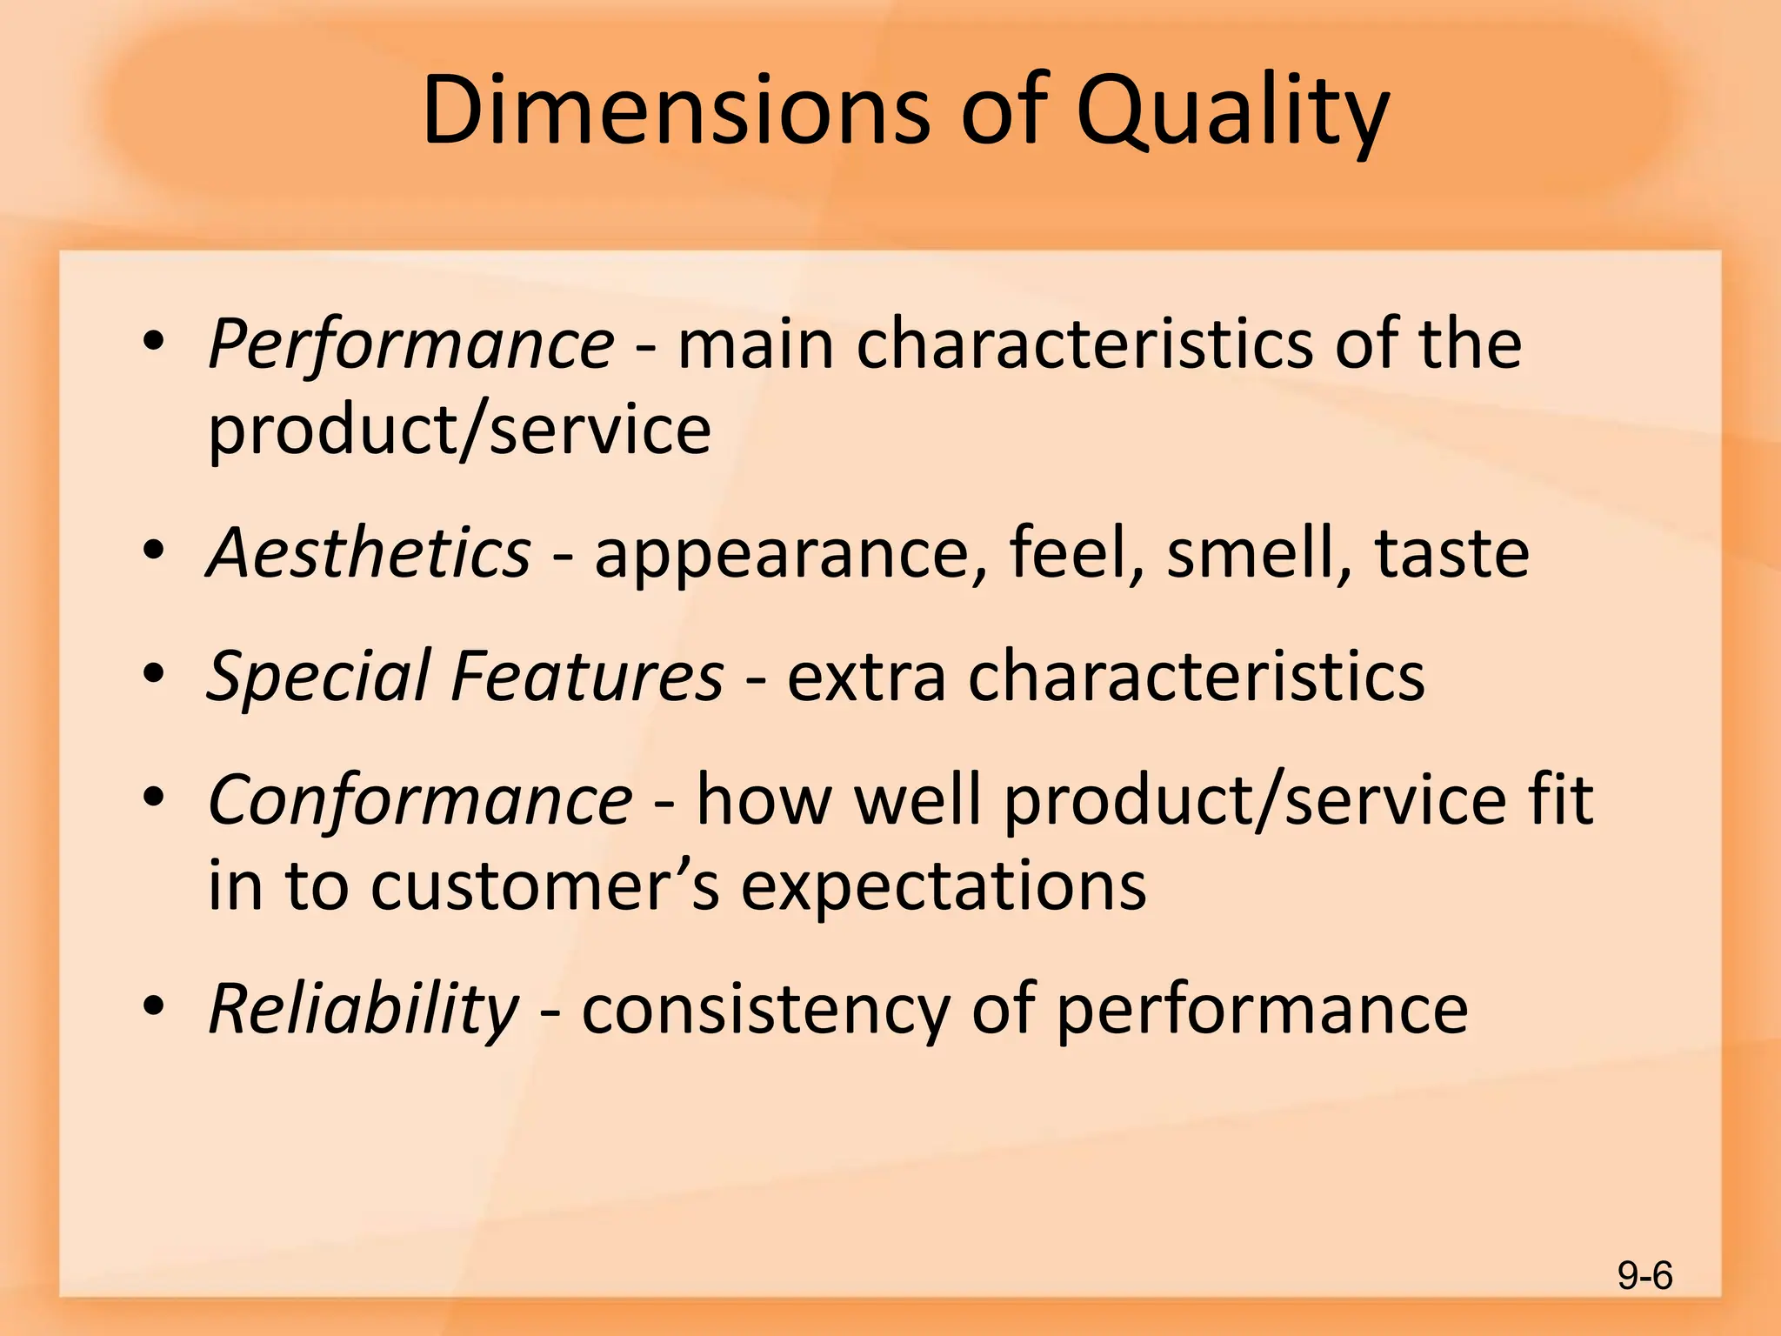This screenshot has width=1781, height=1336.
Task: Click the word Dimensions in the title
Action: click(x=676, y=110)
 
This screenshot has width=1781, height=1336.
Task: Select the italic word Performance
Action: click(x=411, y=344)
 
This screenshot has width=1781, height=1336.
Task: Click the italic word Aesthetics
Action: click(x=369, y=552)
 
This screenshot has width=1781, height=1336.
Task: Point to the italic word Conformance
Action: click(x=420, y=800)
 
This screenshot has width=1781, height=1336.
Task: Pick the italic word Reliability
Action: click(x=364, y=1010)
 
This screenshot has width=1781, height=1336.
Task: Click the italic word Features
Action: click(x=587, y=676)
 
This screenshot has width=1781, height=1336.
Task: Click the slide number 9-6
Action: click(x=1644, y=1276)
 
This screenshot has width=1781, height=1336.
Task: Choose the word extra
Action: click(x=866, y=677)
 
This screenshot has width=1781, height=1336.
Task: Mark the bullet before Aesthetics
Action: click(x=154, y=551)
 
